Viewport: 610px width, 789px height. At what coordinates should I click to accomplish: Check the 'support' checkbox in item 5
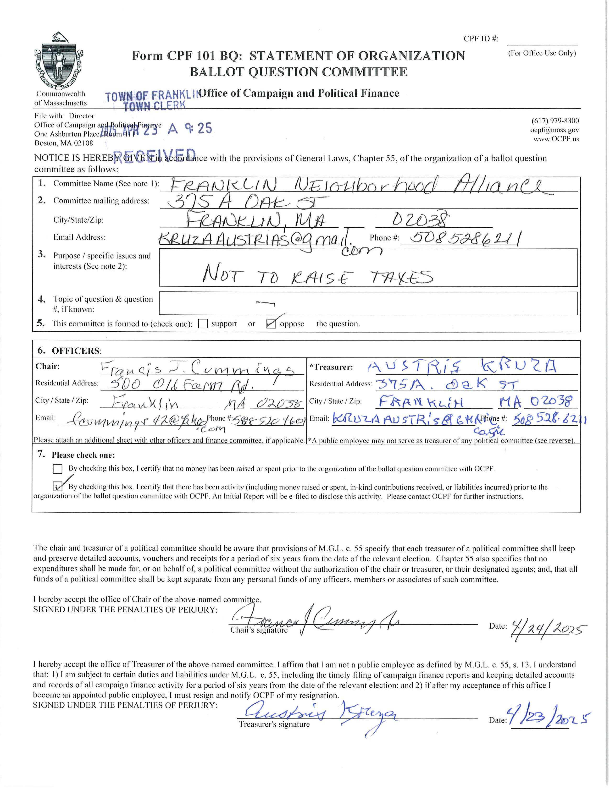tap(203, 324)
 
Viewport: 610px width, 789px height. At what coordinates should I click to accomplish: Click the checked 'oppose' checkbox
tap(271, 324)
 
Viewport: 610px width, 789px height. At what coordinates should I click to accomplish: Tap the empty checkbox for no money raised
tap(57, 469)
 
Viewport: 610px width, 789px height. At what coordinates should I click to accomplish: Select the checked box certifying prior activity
tap(57, 486)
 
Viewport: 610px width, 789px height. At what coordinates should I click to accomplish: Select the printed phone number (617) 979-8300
tap(555, 121)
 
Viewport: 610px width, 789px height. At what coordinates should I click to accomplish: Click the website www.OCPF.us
tap(556, 139)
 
